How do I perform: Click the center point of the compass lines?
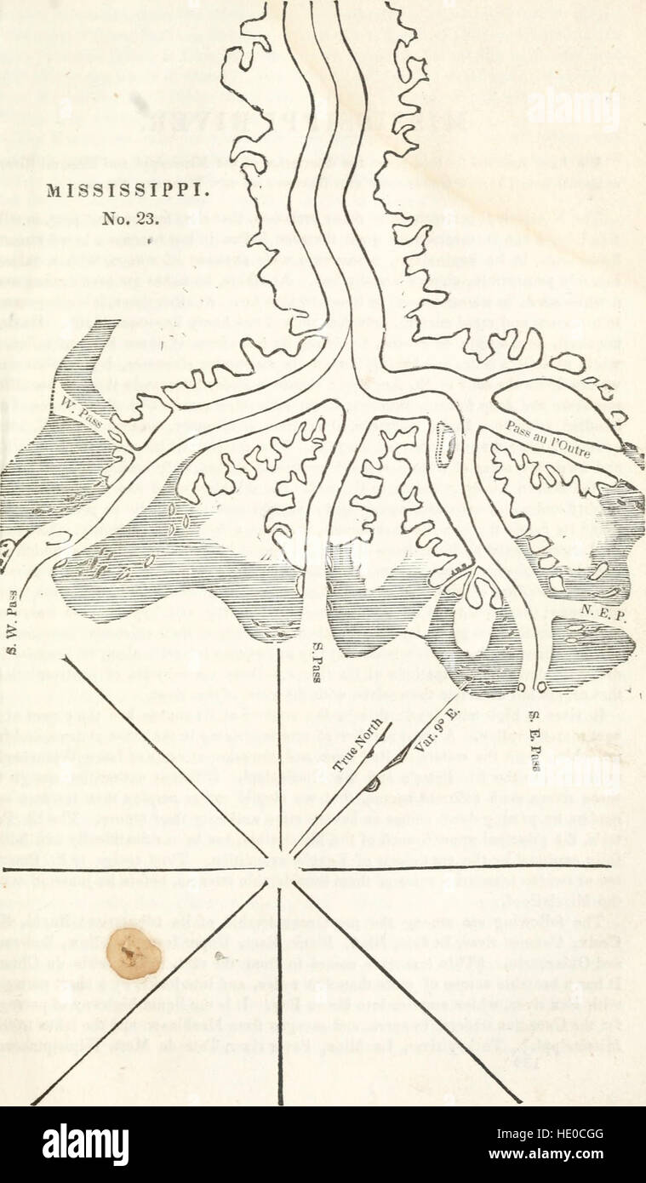click(x=280, y=869)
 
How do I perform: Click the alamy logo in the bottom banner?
click(x=85, y=1145)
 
